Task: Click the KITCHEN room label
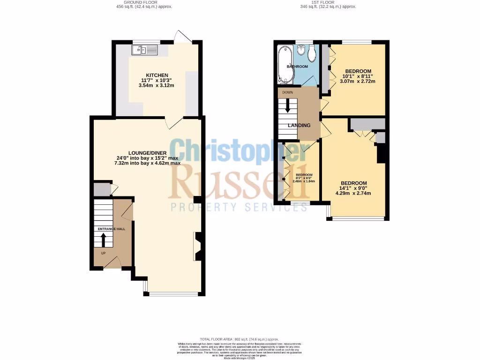pos(157,75)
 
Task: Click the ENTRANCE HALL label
pos(111,229)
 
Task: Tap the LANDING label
pos(299,126)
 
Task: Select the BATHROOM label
pos(298,67)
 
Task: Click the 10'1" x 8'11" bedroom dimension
pos(358,77)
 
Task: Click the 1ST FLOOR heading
pos(328,2)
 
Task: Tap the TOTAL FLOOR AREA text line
pos(239,339)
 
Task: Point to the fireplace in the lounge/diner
pos(197,247)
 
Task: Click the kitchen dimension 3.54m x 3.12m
pos(157,86)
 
